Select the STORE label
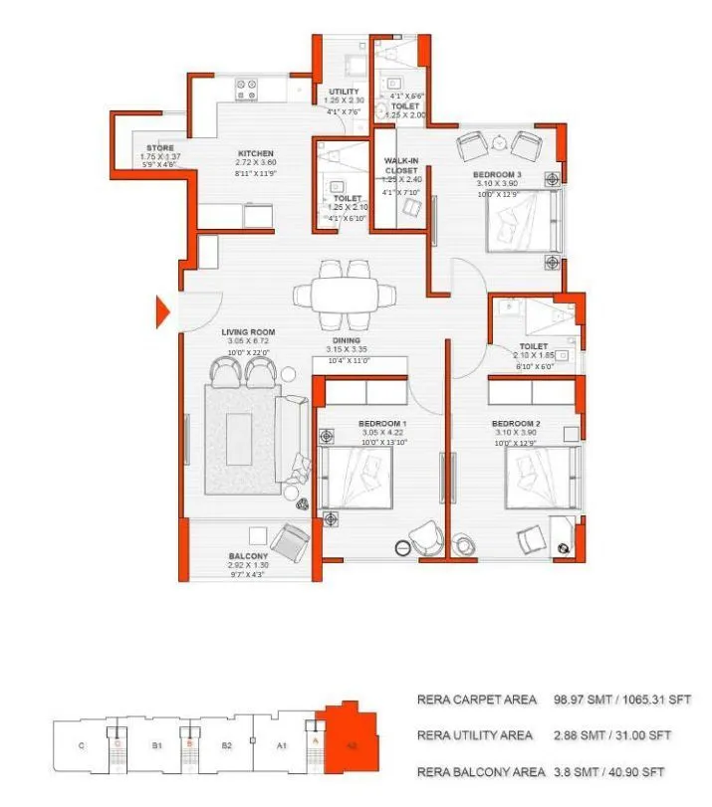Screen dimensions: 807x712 (x=159, y=148)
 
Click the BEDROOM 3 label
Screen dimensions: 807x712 (x=496, y=173)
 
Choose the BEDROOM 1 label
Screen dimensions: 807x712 (x=382, y=424)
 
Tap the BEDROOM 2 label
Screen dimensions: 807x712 (x=516, y=424)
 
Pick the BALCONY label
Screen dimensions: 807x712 (x=248, y=556)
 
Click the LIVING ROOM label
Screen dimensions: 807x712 (x=248, y=332)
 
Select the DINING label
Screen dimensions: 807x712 (x=347, y=339)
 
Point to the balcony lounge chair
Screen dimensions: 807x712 (x=294, y=542)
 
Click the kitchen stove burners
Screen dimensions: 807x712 (x=247, y=91)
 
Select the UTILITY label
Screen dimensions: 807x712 (x=344, y=93)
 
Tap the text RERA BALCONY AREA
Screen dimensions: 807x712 (x=480, y=771)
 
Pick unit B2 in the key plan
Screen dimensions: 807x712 (x=227, y=743)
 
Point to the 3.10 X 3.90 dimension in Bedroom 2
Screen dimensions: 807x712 (x=516, y=434)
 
